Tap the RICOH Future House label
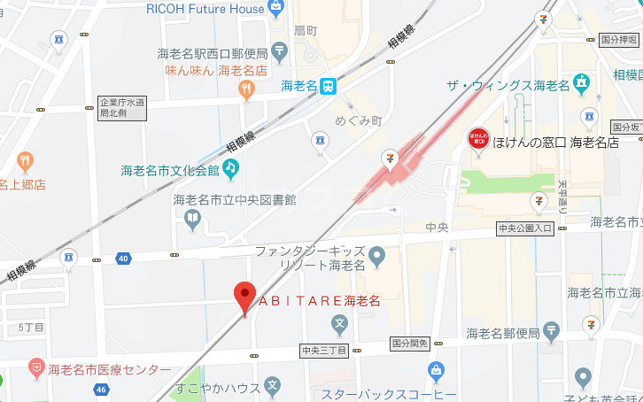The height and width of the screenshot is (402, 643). tap(206, 9)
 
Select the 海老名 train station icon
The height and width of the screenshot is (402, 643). tap(329, 86)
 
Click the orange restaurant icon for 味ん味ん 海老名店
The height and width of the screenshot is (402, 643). tap(246, 88)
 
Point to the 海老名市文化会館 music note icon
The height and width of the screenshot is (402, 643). tap(230, 166)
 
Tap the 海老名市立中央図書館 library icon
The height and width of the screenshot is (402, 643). tap(193, 217)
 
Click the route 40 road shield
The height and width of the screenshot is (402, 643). tap(122, 259)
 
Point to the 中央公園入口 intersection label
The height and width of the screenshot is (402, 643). tap(524, 228)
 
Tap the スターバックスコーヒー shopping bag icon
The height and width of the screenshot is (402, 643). tap(436, 371)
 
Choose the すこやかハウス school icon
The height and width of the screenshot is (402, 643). tap(272, 387)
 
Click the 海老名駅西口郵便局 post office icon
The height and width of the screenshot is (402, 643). tap(280, 50)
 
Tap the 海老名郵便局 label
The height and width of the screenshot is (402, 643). tap(502, 333)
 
